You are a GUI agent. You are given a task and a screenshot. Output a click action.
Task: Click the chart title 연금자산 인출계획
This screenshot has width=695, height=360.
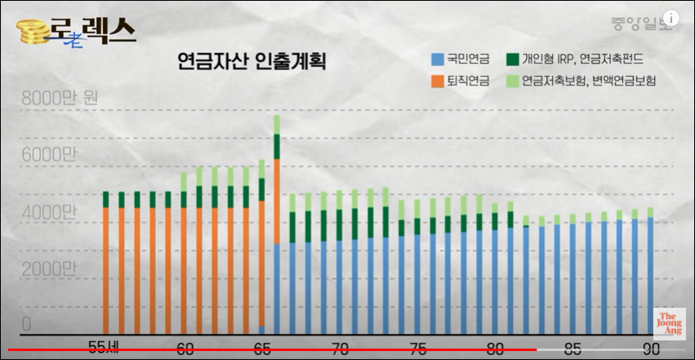252,62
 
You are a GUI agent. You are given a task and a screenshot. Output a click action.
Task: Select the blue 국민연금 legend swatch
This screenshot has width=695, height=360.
437,59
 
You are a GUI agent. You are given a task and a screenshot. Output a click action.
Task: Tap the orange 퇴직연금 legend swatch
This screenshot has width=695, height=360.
437,81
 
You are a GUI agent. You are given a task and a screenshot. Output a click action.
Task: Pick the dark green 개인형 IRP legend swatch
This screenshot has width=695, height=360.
512,59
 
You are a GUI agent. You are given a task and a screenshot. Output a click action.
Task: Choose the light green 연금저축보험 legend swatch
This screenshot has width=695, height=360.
512,81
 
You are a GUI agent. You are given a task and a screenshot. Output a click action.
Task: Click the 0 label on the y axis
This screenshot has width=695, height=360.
27,325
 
